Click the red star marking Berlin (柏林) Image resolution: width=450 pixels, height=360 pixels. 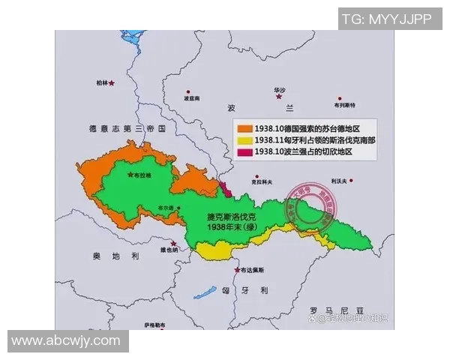(112, 83)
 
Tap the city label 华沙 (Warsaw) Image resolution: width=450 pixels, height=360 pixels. (280, 88)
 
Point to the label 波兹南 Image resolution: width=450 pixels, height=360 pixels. (192, 99)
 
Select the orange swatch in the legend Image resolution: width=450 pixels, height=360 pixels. (244, 127)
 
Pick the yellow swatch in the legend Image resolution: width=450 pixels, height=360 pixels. (244, 139)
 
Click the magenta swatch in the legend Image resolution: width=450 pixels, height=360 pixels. (244, 151)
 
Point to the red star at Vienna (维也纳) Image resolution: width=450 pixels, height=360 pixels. (174, 244)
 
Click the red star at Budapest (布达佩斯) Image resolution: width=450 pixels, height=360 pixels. (238, 270)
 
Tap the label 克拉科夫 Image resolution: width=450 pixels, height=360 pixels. (261, 181)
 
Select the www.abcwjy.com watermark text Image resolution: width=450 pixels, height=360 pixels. (66, 340)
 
